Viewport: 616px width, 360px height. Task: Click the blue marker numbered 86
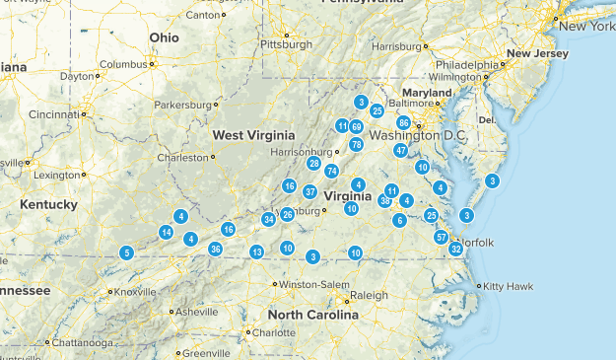[403, 122]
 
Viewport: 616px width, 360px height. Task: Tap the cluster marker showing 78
[356, 144]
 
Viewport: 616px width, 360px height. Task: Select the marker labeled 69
[356, 127]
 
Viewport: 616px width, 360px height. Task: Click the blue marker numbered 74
[332, 171]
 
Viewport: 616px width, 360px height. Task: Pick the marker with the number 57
[442, 237]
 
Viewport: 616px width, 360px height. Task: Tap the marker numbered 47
[400, 150]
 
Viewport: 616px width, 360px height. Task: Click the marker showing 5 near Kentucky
[126, 252]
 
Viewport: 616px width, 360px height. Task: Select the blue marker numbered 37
[310, 191]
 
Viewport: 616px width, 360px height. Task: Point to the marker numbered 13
[256, 252]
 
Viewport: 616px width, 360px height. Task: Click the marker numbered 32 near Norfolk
[456, 249]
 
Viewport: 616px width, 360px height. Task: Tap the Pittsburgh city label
[286, 44]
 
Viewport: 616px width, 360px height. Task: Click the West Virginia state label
[254, 134]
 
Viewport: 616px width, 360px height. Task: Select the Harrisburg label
[395, 45]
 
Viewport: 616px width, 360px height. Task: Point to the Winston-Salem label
[312, 284]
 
